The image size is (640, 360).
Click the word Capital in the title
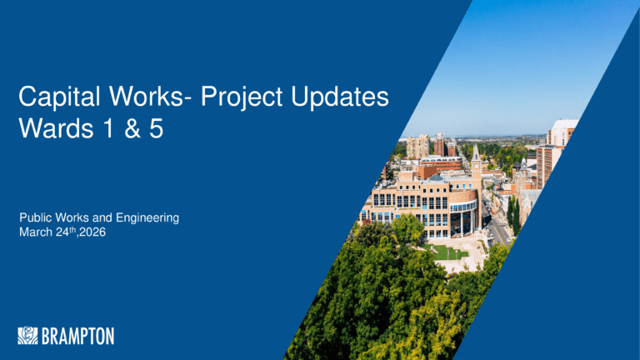pos(59,97)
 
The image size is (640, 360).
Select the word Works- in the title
pos(150,97)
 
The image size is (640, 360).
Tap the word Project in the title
pos(242,97)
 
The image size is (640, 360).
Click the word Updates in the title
pos(340,97)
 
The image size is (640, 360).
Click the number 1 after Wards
pos(108,128)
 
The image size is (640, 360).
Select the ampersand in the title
pos(132,128)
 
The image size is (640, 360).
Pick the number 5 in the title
pos(157,128)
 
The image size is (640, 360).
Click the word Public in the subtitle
pos(36,217)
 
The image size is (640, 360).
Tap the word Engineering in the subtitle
pos(147,218)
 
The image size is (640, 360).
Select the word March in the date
pos(36,232)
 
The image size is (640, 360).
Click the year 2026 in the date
pos(92,232)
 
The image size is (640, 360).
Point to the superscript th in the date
pos(72,229)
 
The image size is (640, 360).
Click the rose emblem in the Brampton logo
pos(27,336)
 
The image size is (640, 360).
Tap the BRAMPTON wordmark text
pos(78,336)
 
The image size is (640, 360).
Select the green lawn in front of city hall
pos(446,252)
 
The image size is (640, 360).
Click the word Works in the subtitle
pos(72,217)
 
